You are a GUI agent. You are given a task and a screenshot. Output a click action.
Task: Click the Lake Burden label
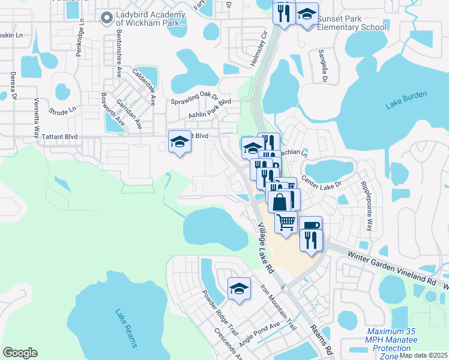(406, 100)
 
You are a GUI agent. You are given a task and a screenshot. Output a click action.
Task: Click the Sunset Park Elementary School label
(352, 23)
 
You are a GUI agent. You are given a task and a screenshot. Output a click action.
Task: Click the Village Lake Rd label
(266, 248)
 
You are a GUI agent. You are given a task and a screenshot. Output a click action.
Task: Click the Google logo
(20, 353)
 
